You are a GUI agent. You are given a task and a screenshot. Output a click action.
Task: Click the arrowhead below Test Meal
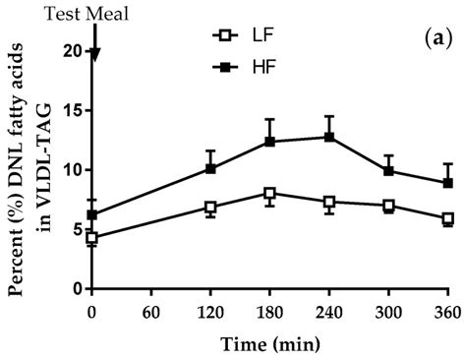[x=92, y=55]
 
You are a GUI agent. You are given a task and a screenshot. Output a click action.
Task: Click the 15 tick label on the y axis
[x=71, y=110]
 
